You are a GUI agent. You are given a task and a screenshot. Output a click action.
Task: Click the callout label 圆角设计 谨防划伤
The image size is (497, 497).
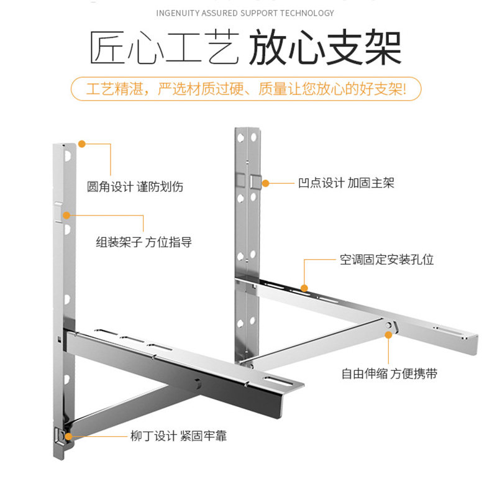(135, 186)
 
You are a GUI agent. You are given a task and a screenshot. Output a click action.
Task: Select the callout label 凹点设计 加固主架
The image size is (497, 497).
(345, 183)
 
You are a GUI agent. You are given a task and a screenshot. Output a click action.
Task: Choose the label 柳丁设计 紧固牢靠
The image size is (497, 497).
(178, 436)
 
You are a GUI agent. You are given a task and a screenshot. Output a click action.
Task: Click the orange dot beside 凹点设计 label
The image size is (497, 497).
(265, 183)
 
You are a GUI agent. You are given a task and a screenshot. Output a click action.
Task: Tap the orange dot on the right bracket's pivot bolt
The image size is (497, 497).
(389, 334)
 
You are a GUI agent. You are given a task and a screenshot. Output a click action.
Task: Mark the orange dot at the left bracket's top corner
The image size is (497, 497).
(81, 144)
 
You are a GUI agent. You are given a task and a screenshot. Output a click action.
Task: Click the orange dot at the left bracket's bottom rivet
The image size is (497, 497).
(68, 436)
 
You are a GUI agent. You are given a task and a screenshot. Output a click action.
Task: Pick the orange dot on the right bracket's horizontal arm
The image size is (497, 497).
(304, 287)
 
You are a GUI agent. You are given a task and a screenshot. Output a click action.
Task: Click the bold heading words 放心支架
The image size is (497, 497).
(325, 48)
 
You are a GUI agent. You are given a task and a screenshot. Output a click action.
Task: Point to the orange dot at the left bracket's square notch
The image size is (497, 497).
(66, 216)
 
